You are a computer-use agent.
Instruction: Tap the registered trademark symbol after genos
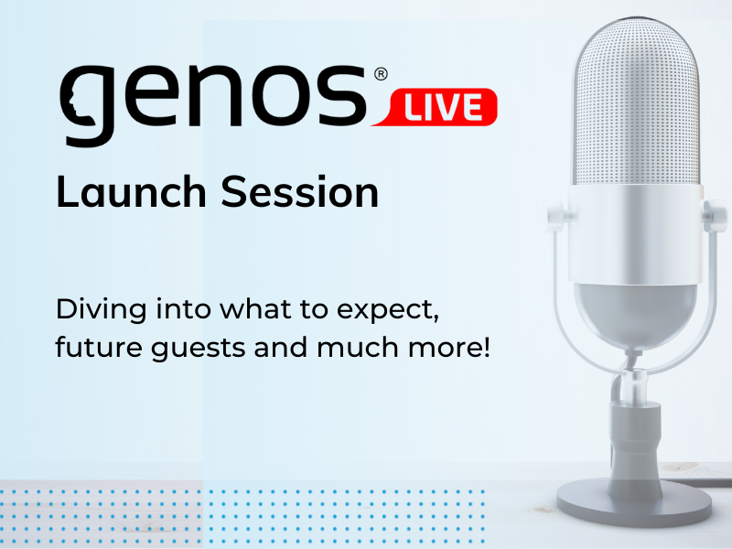[381, 74]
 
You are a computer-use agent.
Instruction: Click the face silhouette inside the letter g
[73, 104]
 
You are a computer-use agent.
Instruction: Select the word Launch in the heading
[131, 191]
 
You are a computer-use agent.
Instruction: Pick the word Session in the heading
[300, 191]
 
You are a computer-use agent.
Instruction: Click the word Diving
[102, 310]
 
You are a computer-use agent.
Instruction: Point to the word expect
[388, 311]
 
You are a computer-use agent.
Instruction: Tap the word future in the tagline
[99, 348]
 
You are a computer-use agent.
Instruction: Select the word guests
[199, 350]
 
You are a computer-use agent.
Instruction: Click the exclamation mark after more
[487, 347]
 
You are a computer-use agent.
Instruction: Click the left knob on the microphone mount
[555, 216]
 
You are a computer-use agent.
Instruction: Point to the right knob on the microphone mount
[716, 216]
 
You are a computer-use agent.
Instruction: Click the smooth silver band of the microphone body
[636, 234]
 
